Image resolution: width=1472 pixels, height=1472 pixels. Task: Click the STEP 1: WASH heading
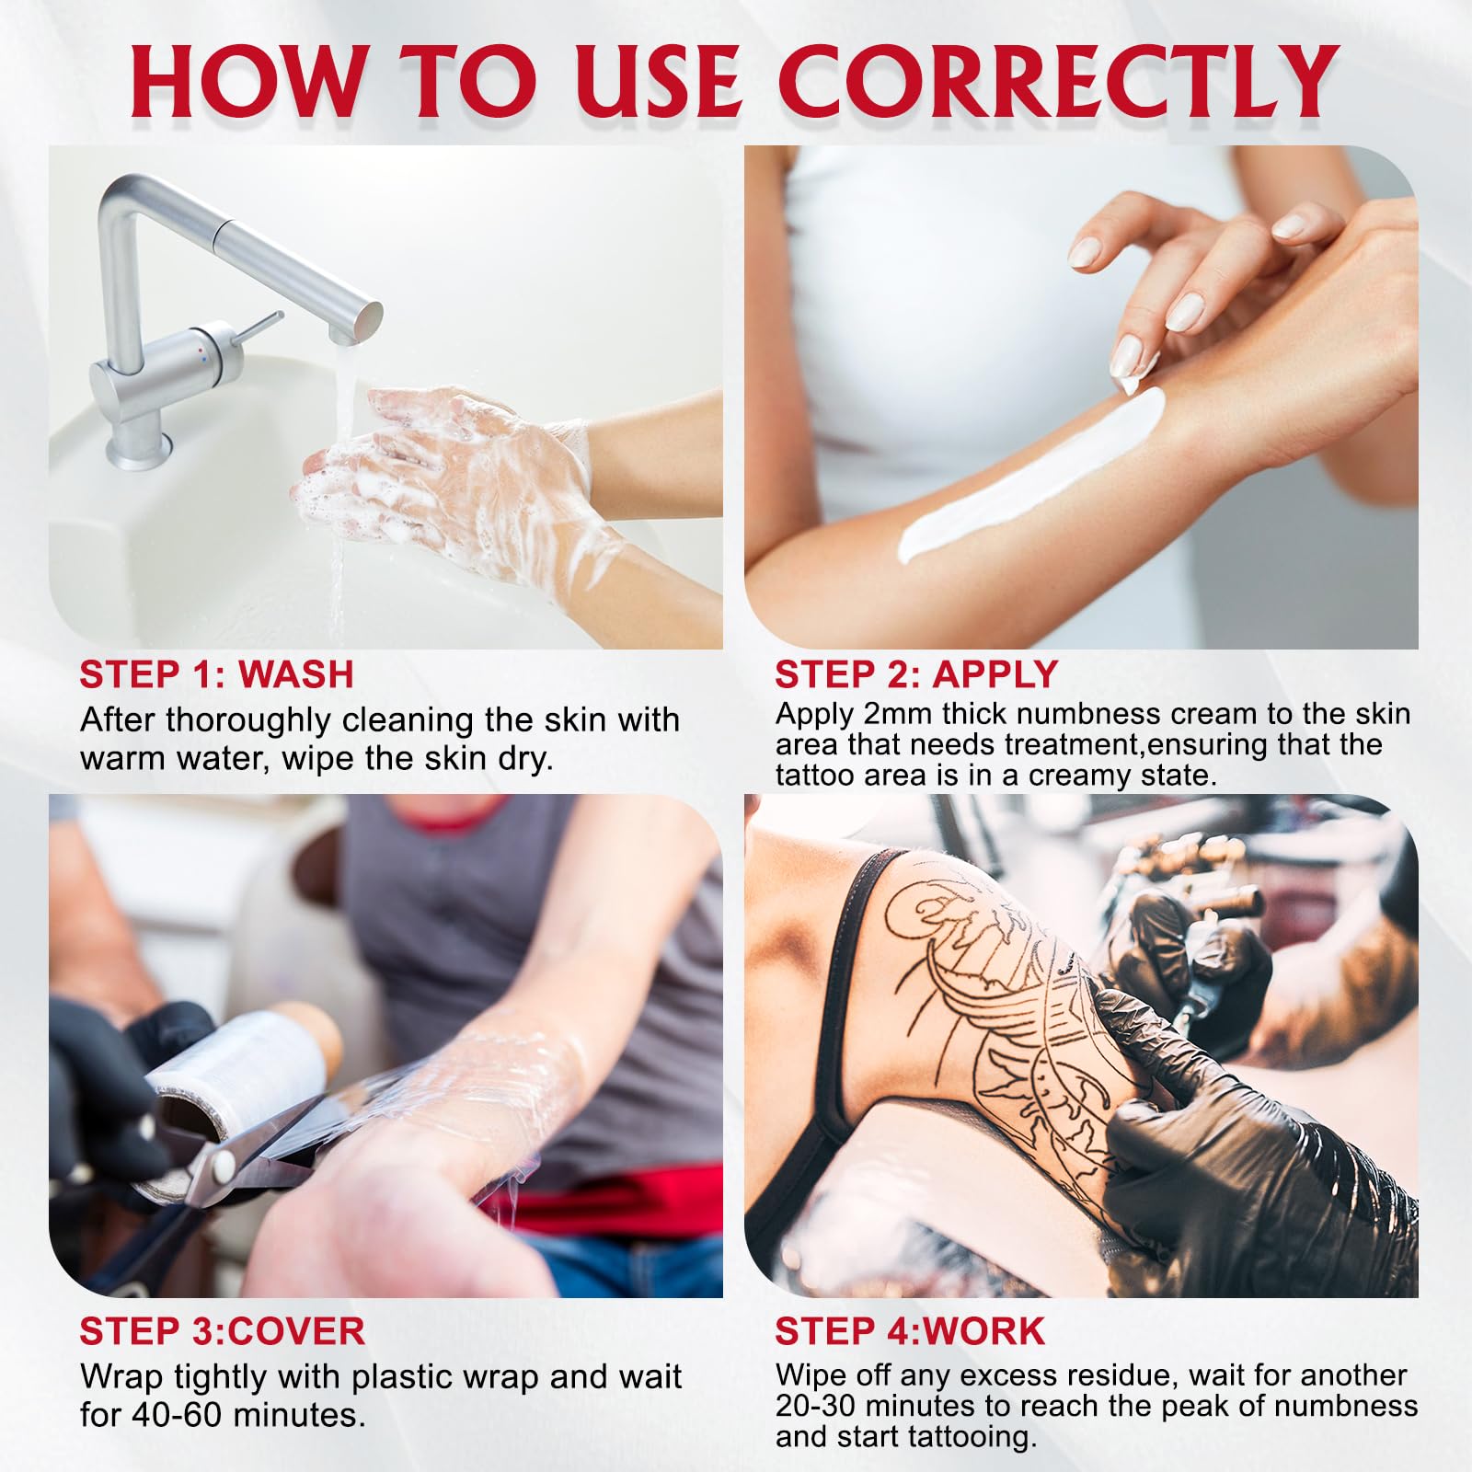coord(216,674)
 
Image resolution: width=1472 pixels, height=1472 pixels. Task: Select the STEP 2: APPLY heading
coord(916,674)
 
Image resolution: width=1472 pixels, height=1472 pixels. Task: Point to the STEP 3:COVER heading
coord(222,1330)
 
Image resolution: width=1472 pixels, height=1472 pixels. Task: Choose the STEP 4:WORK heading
coord(910,1330)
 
